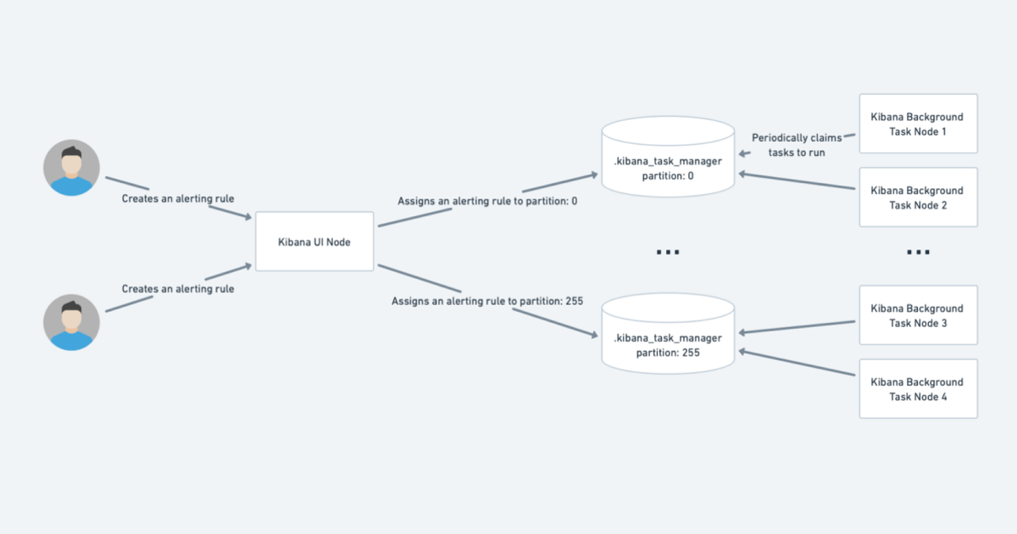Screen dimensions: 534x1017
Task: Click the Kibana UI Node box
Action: click(x=314, y=242)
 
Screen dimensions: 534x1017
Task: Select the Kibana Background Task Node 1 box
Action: click(x=918, y=124)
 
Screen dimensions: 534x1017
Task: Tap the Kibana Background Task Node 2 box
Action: click(x=918, y=197)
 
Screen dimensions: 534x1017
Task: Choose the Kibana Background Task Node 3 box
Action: click(x=918, y=315)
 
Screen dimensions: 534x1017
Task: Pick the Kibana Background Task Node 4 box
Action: click(x=918, y=388)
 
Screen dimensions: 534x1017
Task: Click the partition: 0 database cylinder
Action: click(x=668, y=158)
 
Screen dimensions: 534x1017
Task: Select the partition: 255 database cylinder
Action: click(x=668, y=334)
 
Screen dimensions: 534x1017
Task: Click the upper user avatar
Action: click(x=72, y=167)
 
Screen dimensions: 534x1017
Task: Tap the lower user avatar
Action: click(x=72, y=322)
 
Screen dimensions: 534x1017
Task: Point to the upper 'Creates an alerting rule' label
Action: click(x=178, y=198)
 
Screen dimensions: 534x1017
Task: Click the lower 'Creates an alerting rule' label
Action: click(x=178, y=289)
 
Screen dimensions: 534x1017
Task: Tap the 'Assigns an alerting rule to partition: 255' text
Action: click(x=486, y=301)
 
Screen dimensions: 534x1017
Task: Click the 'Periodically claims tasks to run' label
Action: click(x=797, y=145)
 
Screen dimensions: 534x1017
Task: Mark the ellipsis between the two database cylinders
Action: click(x=668, y=253)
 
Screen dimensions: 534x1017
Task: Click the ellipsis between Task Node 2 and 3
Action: click(x=918, y=253)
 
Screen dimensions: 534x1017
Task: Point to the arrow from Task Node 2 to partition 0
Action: click(x=797, y=181)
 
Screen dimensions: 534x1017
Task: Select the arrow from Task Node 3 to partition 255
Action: click(x=797, y=327)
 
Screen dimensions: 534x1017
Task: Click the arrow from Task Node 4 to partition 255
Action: click(x=797, y=362)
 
